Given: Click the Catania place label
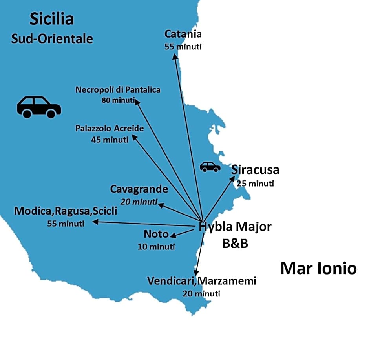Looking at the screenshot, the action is [x=183, y=34].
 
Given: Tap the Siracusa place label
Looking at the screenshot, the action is [x=255, y=170].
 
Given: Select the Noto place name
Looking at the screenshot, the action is [x=156, y=235].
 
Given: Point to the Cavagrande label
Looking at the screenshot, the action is [x=139, y=189].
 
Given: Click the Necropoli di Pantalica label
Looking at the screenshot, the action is [x=118, y=90].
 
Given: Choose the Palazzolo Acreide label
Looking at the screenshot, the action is [x=110, y=129].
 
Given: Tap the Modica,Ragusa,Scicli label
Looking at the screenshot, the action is [x=66, y=211].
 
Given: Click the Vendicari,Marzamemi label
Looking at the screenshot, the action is [x=202, y=281].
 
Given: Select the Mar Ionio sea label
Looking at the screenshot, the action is [x=318, y=269].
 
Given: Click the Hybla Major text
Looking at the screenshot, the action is [x=235, y=227].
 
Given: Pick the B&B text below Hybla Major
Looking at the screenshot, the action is [x=235, y=244].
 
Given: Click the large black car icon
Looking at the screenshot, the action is [x=38, y=107].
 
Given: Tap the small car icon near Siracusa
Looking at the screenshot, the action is [x=210, y=167].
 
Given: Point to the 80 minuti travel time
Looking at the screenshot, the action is [x=118, y=100].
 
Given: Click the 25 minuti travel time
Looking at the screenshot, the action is [x=256, y=183].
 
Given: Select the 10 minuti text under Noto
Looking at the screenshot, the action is [x=156, y=247].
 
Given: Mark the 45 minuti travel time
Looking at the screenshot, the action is [x=110, y=139].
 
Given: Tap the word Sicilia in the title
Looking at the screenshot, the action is [x=52, y=18].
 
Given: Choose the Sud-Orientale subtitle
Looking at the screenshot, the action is [x=52, y=38].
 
